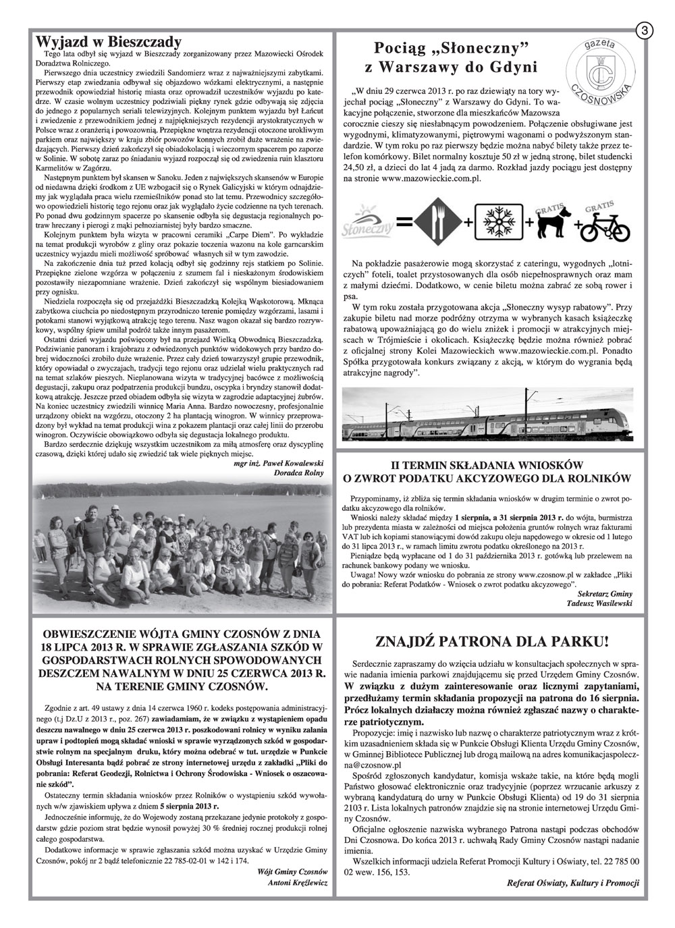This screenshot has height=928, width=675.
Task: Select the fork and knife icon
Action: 437,222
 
